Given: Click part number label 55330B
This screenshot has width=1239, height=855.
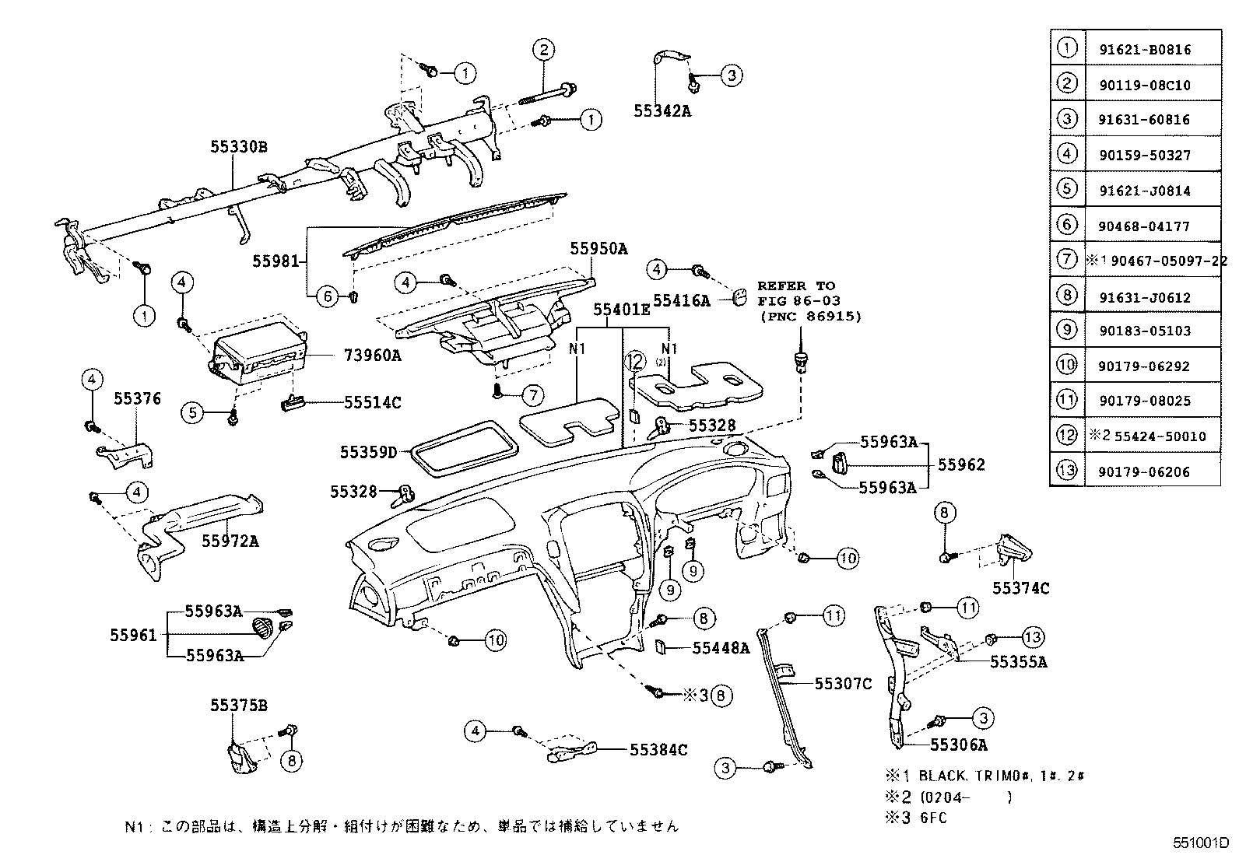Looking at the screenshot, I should coord(238,146).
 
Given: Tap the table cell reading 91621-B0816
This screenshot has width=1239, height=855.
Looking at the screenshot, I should coord(1144,50).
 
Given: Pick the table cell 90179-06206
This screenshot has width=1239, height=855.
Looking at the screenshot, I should coord(1144,471).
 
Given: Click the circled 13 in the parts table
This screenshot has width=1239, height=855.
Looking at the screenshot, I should coord(1067,471).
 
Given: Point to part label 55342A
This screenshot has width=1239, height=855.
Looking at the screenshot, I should coord(662,110).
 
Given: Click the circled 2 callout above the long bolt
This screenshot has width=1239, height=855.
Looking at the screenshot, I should coord(542,50).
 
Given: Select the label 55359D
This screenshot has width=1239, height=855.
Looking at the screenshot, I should coord(368,452).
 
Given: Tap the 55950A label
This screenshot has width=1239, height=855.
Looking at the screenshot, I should coord(598,249).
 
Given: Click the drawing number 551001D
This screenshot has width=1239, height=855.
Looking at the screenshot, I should coord(1201,843).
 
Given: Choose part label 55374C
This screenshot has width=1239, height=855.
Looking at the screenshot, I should coord(1020,588).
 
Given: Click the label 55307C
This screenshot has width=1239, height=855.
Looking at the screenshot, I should coord(843,684).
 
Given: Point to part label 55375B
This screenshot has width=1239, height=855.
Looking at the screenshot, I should coord(238,706).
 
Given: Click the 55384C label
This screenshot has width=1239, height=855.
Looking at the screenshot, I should coord(658,750).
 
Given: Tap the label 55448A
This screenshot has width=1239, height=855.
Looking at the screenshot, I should coord(721,647).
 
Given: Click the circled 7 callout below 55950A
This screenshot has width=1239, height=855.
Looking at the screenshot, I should coord(532,395).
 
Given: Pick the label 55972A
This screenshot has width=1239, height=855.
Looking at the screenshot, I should coord(230,540).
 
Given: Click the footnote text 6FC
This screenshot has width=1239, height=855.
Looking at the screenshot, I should coord(933,818).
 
